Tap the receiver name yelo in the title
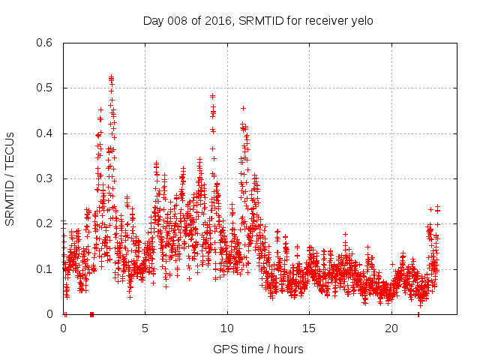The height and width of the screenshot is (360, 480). coord(361,20)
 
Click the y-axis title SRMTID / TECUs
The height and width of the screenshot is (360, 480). coord(10,178)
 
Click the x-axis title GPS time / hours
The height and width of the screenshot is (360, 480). coord(258,349)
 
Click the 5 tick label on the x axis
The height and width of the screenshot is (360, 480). coord(145,328)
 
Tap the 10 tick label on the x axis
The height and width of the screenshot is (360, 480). coord(227,328)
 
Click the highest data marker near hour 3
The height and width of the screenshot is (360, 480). coord(111,76)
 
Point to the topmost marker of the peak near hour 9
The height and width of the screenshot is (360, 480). coord(213,96)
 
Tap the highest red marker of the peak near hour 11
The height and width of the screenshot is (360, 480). coord(243,108)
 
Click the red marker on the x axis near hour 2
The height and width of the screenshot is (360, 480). coord(91,313)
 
